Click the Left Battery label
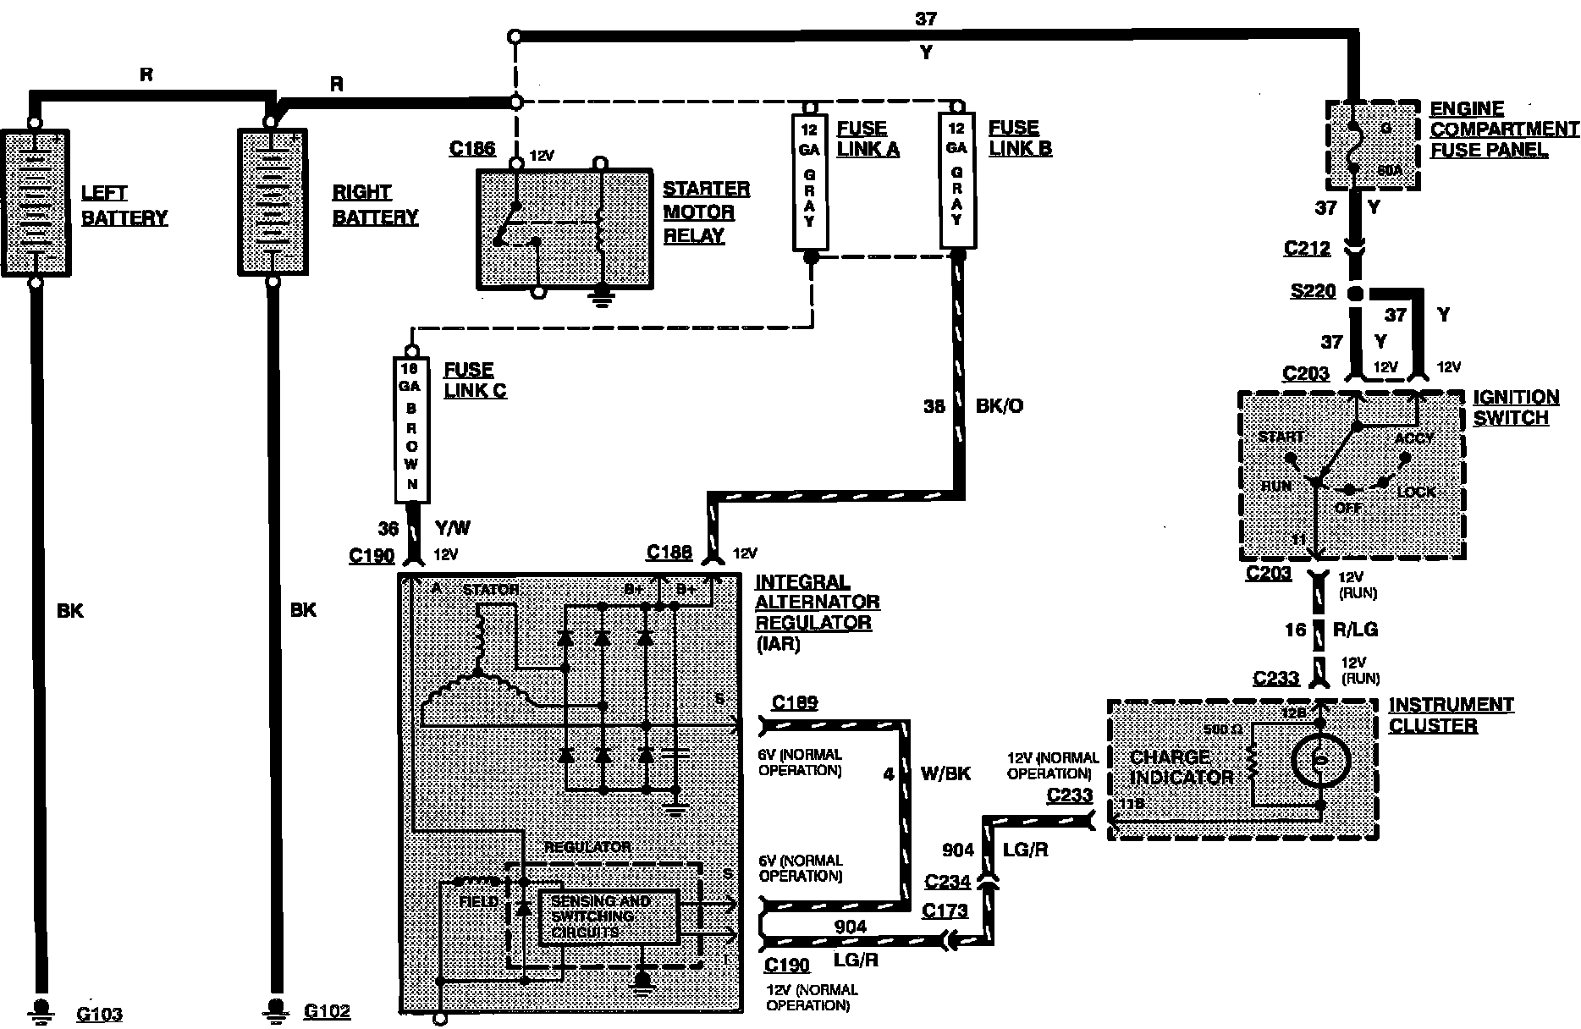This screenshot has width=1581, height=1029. click(124, 206)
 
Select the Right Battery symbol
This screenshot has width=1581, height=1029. click(273, 202)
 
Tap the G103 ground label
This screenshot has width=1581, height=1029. click(99, 1014)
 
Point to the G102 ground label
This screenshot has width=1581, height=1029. click(327, 1011)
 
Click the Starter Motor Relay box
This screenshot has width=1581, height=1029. click(565, 228)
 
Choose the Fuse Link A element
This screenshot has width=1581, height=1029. click(810, 183)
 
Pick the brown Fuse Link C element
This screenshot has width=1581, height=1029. click(411, 429)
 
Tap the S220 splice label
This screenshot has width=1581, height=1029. click(1313, 292)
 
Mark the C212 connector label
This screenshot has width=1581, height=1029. click(1307, 248)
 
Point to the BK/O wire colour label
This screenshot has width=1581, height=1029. click(1000, 406)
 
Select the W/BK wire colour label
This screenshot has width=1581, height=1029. click(945, 773)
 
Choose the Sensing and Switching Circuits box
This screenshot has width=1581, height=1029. click(609, 917)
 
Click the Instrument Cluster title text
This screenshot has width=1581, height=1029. click(1451, 715)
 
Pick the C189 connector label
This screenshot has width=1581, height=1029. click(795, 702)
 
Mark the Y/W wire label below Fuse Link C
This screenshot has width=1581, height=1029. click(452, 529)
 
